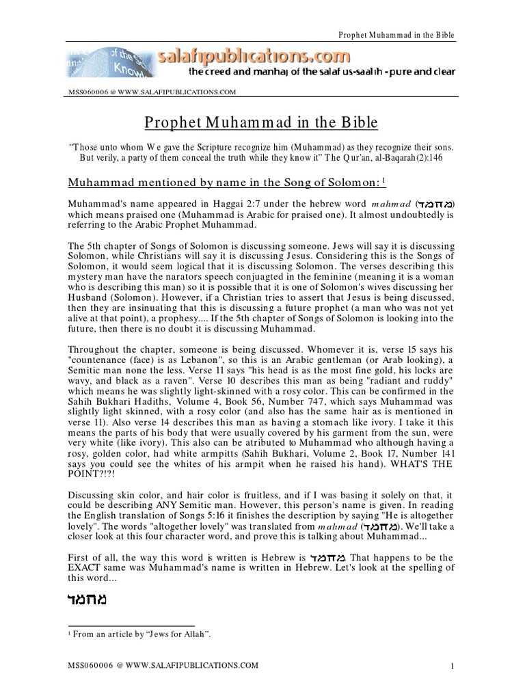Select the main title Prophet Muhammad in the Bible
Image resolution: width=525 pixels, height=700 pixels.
tap(262, 123)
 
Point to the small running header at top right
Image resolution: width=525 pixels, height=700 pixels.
tap(397, 35)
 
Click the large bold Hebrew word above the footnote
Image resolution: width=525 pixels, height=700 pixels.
tap(89, 602)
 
